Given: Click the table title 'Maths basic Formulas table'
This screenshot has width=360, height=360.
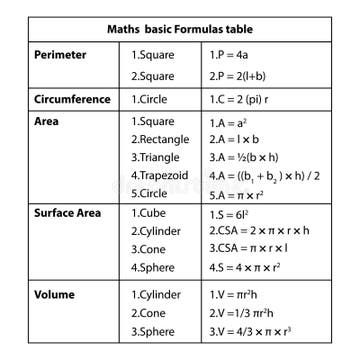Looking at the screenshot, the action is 180,30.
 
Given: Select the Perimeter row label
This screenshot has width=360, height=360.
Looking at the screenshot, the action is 62,54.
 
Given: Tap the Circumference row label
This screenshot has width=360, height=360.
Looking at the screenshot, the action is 72,100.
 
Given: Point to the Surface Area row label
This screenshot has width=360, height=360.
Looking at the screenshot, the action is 68,213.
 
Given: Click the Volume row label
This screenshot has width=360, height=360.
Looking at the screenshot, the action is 54,295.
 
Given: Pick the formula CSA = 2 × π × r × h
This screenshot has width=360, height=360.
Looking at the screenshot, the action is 259,231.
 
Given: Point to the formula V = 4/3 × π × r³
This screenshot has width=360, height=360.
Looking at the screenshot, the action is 256,331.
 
